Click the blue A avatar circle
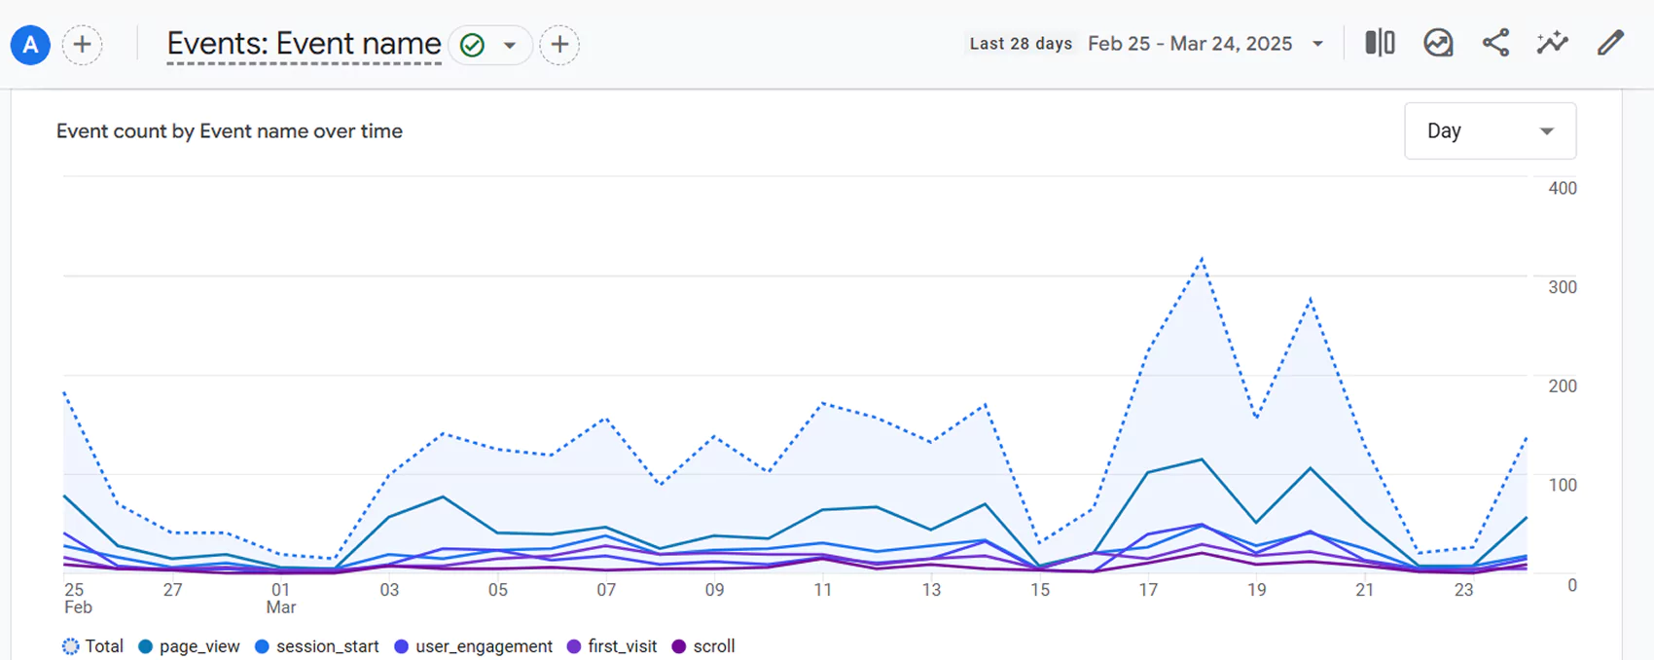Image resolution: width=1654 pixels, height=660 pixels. pos(30,45)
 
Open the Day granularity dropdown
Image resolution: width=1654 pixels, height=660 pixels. pos(1490,130)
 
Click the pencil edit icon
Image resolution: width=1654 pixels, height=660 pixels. pos(1610,43)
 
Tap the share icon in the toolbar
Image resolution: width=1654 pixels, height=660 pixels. pos(1495,43)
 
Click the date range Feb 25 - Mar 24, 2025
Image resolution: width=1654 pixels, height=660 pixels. pos(1191,44)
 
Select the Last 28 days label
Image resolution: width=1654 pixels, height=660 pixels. pos(1021,44)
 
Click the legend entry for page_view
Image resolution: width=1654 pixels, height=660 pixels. pos(190,646)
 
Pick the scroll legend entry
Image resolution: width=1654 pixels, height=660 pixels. pos(703,646)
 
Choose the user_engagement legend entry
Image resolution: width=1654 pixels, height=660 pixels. pos(474,646)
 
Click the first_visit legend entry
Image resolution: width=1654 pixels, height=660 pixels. pos(612,646)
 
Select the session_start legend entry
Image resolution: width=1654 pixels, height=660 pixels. pos(317,646)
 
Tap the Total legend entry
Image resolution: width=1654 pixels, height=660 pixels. pos(93,646)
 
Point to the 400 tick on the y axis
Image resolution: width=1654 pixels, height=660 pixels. pos(1562,188)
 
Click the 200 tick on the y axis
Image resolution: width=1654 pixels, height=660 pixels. pos(1562,386)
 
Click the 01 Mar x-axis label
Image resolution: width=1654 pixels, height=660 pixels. pos(280,598)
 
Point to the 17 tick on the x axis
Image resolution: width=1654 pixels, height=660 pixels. pos(1148,590)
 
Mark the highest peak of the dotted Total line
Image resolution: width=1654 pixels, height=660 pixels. pos(1203,259)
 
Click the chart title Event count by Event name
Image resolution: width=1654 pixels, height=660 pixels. pos(229,131)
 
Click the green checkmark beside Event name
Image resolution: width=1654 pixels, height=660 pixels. pos(472,45)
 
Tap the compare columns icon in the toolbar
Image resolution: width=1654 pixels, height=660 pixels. pos(1380,43)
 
